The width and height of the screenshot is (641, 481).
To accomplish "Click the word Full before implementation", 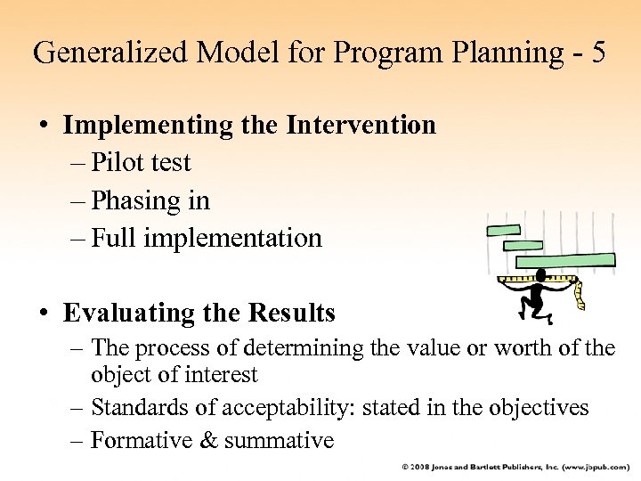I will (116, 238).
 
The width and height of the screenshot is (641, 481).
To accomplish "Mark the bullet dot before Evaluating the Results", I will (44, 314).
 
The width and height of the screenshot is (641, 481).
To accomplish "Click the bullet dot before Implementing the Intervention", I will (44, 126).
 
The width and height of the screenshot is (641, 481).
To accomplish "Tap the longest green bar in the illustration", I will (564, 260).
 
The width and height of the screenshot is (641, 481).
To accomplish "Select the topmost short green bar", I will (503, 231).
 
